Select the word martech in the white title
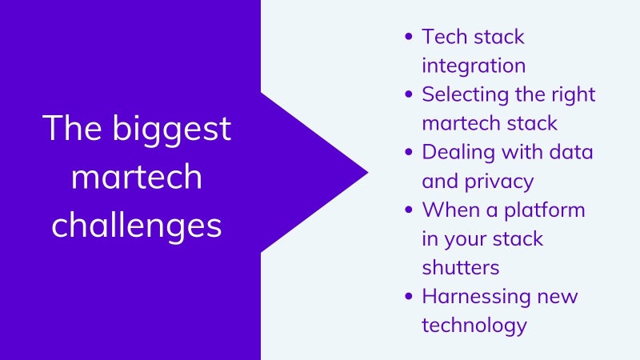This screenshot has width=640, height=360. [137, 176]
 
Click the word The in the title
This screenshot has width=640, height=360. [72, 128]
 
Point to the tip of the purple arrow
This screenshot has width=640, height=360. [368, 172]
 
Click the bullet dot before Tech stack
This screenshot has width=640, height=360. [409, 36]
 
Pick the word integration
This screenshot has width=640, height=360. [474, 66]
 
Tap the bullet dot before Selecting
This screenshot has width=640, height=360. [409, 94]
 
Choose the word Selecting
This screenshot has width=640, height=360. [466, 95]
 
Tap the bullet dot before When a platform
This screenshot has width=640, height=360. [409, 210]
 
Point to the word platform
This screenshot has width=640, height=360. [545, 211]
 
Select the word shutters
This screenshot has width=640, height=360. [461, 268]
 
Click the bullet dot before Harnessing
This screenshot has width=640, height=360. [409, 296]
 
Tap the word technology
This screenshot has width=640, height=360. [474, 326]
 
